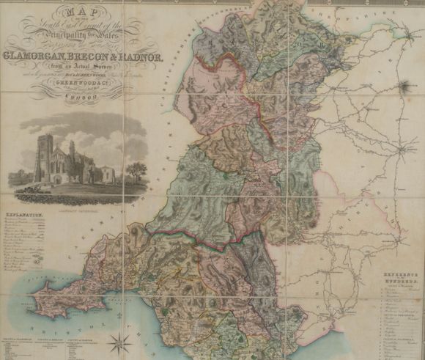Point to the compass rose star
[x=117, y=339]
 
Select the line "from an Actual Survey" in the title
[x=76, y=65]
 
